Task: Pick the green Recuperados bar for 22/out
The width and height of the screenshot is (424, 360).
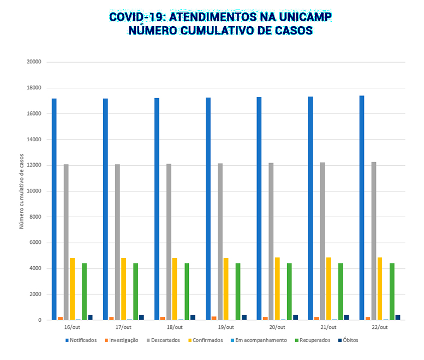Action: pos(392,291)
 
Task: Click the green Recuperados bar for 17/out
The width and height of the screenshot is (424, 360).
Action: pos(135,291)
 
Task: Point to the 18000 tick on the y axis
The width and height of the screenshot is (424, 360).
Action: pos(34,88)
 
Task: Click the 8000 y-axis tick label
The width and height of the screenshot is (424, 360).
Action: pos(35,217)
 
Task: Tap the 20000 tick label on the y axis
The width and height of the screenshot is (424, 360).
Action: pos(34,62)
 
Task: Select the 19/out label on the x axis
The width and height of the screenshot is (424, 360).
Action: pos(225,327)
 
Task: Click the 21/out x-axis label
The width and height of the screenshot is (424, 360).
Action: pos(328,327)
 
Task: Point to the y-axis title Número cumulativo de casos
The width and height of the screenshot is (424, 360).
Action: pos(22,191)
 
